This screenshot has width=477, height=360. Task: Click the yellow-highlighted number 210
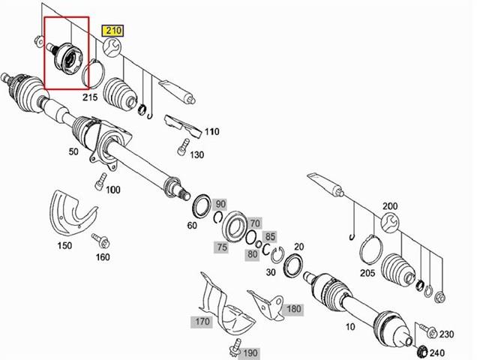tap(112, 31)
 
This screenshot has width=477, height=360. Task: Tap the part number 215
tap(91, 97)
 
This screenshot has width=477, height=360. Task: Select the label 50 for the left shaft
tap(73, 152)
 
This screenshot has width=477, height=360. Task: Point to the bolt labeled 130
tap(181, 146)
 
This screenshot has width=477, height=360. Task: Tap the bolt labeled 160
tap(97, 240)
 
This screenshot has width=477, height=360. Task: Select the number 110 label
tap(211, 131)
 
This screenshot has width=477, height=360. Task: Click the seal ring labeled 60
tap(201, 204)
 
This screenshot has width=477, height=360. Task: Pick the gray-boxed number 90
tap(220, 204)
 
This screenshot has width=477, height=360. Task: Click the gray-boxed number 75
tap(220, 247)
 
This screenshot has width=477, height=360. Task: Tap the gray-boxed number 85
tap(271, 236)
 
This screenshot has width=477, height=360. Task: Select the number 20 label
tap(299, 247)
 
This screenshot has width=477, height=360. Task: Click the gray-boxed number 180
tap(293, 308)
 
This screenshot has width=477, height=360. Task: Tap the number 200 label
tap(390, 205)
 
